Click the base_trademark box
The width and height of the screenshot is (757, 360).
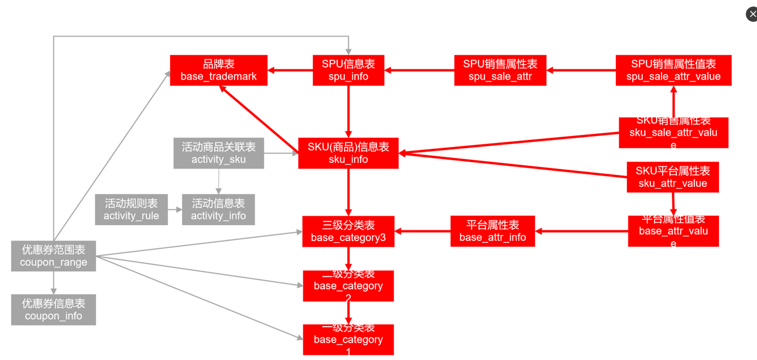(x=219, y=70)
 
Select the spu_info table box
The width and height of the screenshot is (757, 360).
(x=348, y=70)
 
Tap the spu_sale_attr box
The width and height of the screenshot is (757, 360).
(x=500, y=70)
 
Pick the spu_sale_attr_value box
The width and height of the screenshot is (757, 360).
(x=673, y=70)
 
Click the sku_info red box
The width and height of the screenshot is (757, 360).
(x=348, y=153)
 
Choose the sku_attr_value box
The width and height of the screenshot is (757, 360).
(x=672, y=177)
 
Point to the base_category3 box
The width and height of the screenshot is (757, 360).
(x=348, y=231)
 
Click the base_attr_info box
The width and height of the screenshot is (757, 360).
(x=493, y=231)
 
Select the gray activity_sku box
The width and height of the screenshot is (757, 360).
(x=219, y=153)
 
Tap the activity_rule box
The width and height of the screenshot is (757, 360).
(x=131, y=210)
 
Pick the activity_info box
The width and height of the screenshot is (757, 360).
(x=218, y=210)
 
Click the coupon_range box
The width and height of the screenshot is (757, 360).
(x=54, y=256)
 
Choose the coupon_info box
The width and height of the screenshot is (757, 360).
(x=54, y=310)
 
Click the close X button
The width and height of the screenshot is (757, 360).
(x=752, y=14)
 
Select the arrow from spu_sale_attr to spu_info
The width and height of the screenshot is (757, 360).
(x=419, y=70)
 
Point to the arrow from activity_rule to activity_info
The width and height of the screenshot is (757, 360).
(x=175, y=210)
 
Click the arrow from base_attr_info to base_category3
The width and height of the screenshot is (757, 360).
(x=422, y=231)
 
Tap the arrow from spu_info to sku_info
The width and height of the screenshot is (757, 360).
(x=348, y=111)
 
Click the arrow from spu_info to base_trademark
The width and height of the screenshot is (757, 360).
(x=290, y=70)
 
